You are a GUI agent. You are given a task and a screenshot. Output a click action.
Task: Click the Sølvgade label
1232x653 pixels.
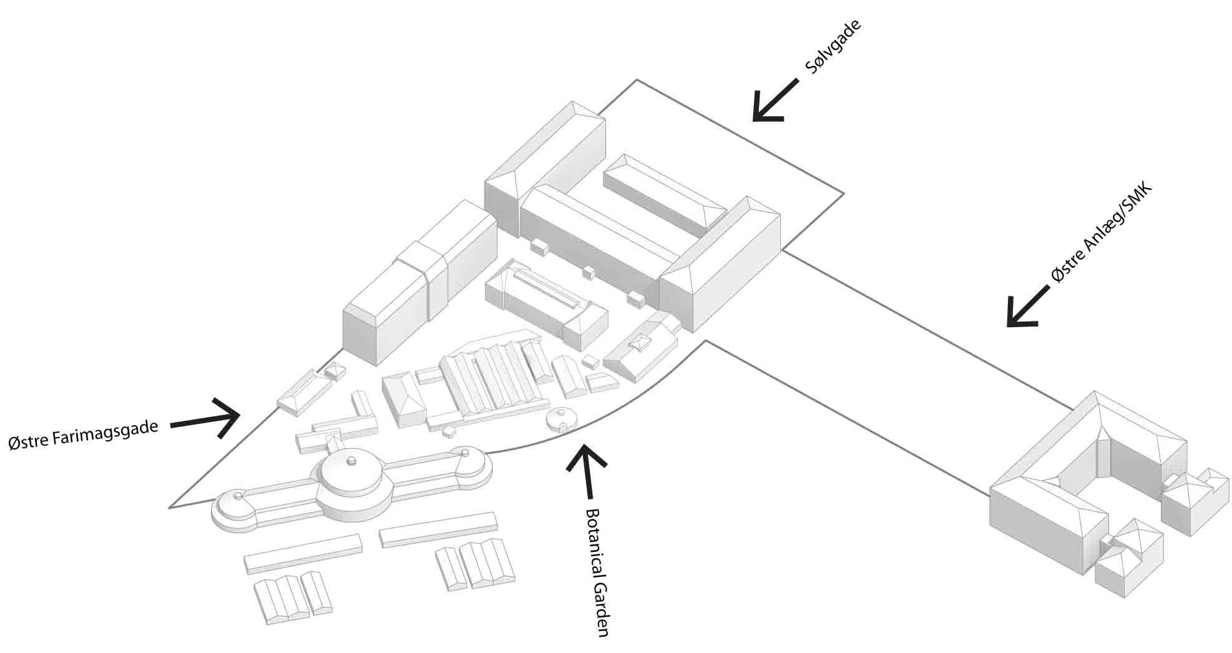[833, 47]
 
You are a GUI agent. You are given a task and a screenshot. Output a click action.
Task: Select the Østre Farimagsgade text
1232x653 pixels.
[82, 434]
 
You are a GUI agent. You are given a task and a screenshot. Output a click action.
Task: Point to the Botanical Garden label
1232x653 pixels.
[595, 572]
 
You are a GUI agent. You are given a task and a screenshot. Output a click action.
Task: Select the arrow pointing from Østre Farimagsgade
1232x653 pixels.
[206, 419]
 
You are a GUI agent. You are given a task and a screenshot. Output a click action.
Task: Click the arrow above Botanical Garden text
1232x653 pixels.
[586, 471]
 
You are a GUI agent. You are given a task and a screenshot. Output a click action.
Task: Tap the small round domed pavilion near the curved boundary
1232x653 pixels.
[561, 419]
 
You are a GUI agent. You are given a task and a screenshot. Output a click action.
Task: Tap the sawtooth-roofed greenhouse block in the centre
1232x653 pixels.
[490, 378]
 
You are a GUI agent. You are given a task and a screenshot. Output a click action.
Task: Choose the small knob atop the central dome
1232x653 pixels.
[351, 461]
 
